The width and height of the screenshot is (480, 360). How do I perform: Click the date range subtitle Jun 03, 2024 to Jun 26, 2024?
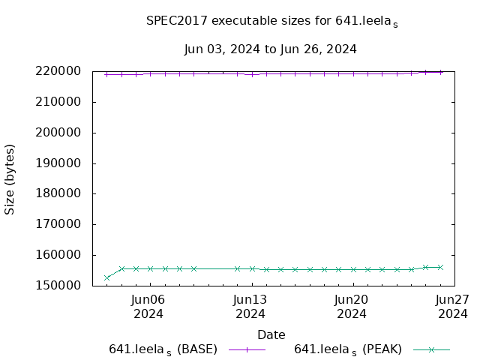click(270, 49)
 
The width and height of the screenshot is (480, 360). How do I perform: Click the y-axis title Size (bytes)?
click(10, 179)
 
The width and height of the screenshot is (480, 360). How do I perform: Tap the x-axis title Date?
click(271, 334)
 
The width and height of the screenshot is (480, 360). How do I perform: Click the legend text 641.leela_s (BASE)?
click(163, 349)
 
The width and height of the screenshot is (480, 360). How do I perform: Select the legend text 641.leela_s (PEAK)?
click(348, 349)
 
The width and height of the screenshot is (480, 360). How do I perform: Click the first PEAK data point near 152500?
click(107, 277)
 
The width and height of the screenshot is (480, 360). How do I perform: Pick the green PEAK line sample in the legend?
click(431, 349)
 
